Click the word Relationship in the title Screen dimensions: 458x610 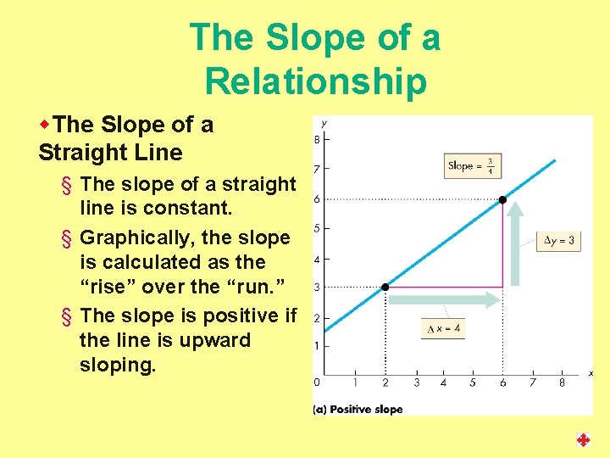315,81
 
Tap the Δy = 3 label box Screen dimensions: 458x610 558,241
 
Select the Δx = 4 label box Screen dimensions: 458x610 442,328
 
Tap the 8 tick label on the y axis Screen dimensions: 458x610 317,139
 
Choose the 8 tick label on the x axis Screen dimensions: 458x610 562,383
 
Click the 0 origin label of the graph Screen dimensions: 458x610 317,383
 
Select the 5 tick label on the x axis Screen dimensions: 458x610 473,383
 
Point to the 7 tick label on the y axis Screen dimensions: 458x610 317,170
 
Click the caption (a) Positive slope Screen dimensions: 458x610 358,409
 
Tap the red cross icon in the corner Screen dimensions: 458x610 583,439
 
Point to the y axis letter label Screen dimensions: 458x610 324,123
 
